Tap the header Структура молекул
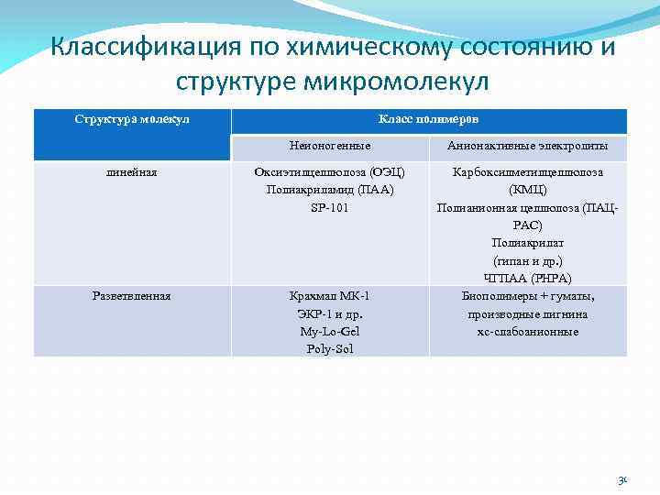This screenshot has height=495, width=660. [x=132, y=119]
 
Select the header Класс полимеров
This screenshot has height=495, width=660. [x=429, y=119]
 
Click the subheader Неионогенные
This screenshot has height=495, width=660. [x=330, y=146]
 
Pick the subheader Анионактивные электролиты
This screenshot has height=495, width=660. [x=527, y=146]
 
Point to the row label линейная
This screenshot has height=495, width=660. [x=132, y=172]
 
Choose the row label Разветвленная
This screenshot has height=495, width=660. [x=132, y=296]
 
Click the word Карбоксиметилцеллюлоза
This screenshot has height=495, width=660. [x=528, y=172]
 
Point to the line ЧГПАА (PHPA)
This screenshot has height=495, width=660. [x=528, y=278]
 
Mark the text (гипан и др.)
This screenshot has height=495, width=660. [x=528, y=260]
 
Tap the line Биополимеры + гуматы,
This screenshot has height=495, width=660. [x=528, y=296]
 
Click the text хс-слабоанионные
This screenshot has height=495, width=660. [x=528, y=331]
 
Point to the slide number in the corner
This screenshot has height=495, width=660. [x=622, y=479]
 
